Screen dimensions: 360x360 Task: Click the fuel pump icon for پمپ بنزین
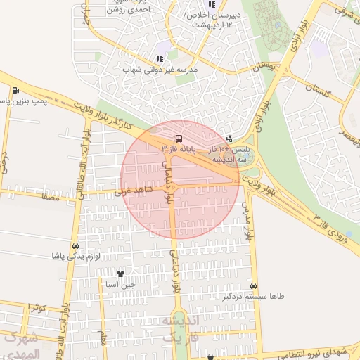click(15, 91)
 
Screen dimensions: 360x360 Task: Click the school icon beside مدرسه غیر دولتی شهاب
click(160, 58)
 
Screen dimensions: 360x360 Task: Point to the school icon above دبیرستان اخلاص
click(212, 5)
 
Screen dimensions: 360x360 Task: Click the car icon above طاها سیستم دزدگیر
click(253, 286)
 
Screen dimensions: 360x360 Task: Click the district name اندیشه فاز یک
click(181, 328)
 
